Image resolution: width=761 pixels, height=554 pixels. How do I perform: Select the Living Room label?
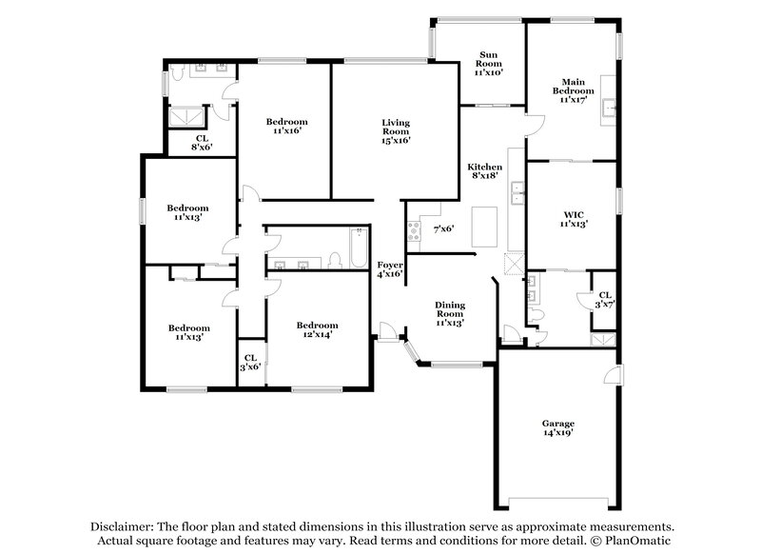pyautogui.click(x=396, y=131)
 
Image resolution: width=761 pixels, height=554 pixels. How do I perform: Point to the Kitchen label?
pyautogui.click(x=484, y=170)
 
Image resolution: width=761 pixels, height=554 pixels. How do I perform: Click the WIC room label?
pyautogui.click(x=573, y=220)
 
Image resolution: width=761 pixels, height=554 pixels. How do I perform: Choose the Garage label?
pyautogui.click(x=558, y=427)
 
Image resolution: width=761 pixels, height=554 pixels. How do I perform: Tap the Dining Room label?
pyautogui.click(x=449, y=312)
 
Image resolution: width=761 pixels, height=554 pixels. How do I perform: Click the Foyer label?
pyautogui.click(x=390, y=268)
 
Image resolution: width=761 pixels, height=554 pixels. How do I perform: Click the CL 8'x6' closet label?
pyautogui.click(x=201, y=142)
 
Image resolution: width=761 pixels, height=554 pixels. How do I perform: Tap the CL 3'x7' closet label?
pyautogui.click(x=605, y=298)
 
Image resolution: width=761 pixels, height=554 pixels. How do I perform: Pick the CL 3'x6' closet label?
pyautogui.click(x=250, y=363)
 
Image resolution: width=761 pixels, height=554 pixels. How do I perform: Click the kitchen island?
pyautogui.click(x=486, y=226)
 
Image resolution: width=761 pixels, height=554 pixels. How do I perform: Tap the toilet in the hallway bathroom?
pyautogui.click(x=334, y=258)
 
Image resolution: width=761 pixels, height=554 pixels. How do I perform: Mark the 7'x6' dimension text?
pyautogui.click(x=443, y=229)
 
